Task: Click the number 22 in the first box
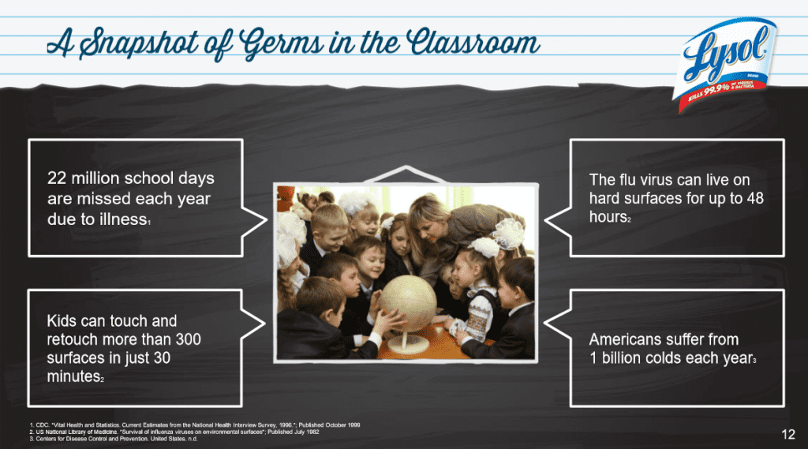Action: (58, 178)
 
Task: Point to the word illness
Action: (121, 219)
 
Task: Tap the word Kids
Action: (64, 321)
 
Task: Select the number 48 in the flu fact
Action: (754, 198)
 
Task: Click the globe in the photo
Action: (409, 303)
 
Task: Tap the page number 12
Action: (787, 434)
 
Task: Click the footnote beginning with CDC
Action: (193, 425)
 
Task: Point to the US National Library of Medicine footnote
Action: (174, 432)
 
